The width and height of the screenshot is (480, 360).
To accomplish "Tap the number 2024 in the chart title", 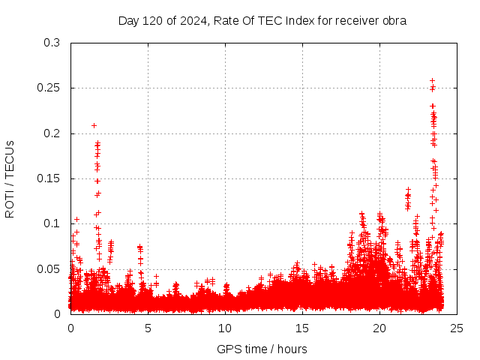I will click(x=193, y=21).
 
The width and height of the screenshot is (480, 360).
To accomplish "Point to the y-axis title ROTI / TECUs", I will click(x=10, y=178).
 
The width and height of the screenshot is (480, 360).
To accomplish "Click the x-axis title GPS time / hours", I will click(x=262, y=349).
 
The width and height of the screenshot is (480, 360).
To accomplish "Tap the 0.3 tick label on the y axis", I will click(x=51, y=43).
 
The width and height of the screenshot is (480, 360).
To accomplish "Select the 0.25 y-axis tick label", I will click(x=48, y=88).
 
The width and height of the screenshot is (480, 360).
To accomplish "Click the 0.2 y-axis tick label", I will click(x=51, y=133).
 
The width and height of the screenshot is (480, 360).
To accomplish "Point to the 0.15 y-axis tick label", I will click(x=48, y=178).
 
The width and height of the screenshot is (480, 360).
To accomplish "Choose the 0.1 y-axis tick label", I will click(x=51, y=223).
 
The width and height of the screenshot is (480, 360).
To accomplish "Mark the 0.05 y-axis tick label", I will click(x=48, y=268).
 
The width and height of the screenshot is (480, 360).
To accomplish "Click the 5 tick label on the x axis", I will click(x=148, y=328).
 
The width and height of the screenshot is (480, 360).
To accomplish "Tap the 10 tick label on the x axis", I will click(x=225, y=328).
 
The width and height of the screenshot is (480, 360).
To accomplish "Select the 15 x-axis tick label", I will click(x=302, y=328).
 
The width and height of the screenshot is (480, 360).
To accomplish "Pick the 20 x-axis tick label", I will click(x=379, y=328).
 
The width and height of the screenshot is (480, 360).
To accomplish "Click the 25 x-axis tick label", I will click(x=457, y=328).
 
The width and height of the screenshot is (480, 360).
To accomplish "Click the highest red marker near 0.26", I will click(x=432, y=80).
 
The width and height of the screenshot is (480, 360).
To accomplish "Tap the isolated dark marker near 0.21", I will click(x=94, y=125).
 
